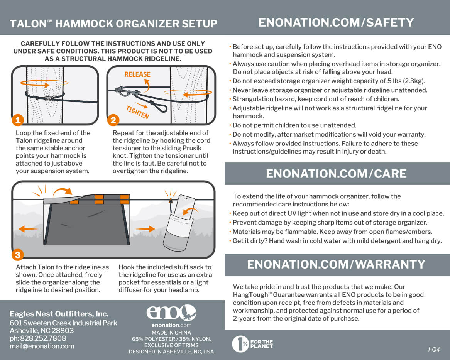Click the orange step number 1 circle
(x=17, y=120)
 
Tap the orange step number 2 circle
(x=113, y=120)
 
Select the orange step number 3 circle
(x=18, y=255)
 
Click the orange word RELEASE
(x=137, y=74)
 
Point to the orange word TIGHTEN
(x=137, y=112)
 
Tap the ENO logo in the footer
(x=171, y=313)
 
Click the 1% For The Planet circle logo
(x=240, y=344)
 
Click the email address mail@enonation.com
(x=42, y=346)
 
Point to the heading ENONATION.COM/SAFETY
(x=336, y=22)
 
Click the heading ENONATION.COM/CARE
(x=336, y=174)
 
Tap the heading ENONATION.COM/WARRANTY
(x=336, y=264)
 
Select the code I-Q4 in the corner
(x=434, y=350)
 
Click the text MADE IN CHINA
(x=171, y=333)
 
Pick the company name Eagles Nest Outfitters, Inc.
(x=59, y=314)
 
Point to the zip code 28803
(x=63, y=331)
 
